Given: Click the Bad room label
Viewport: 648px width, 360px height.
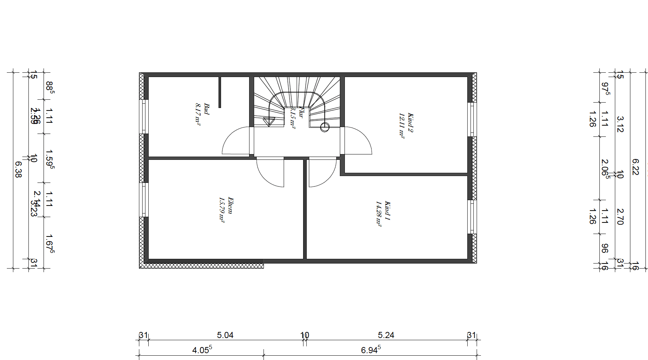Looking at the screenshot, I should click(x=207, y=109).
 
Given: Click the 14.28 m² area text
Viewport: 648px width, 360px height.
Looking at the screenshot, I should click(x=379, y=213).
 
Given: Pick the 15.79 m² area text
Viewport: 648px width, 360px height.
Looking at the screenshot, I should click(x=222, y=210).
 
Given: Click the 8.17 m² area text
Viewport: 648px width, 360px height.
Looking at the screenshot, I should click(x=198, y=114).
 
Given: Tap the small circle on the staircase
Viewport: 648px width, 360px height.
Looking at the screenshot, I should click(x=325, y=127).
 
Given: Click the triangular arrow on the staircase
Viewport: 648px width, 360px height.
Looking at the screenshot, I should click(x=268, y=122).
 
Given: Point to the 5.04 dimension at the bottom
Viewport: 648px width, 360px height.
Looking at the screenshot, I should click(x=225, y=335).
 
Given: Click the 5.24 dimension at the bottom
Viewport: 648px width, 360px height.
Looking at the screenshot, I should click(x=386, y=335).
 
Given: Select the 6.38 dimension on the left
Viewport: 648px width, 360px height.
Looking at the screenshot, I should click(x=18, y=169).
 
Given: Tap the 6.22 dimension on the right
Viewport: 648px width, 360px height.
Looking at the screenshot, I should click(x=635, y=167).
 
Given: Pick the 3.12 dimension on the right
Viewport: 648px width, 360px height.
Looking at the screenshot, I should click(x=620, y=124).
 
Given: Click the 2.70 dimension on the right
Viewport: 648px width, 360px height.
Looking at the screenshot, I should click(x=620, y=216).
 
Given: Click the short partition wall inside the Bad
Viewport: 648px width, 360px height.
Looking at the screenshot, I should click(x=220, y=92).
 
